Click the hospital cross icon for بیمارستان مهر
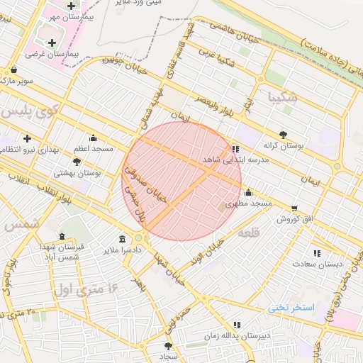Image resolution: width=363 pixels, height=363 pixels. (x=71, y=6)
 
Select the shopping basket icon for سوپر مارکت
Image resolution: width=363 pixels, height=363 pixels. (x=15, y=70)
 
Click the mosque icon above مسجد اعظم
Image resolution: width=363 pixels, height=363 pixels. (x=93, y=138)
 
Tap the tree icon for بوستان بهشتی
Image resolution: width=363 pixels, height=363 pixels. (x=76, y=162)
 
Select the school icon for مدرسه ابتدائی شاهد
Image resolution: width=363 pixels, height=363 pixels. (x=235, y=149)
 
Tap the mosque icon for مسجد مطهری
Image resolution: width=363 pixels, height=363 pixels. (x=248, y=192)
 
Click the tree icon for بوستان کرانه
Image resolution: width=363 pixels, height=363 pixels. (x=284, y=133)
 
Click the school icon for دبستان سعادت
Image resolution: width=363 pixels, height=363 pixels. (x=317, y=252)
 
